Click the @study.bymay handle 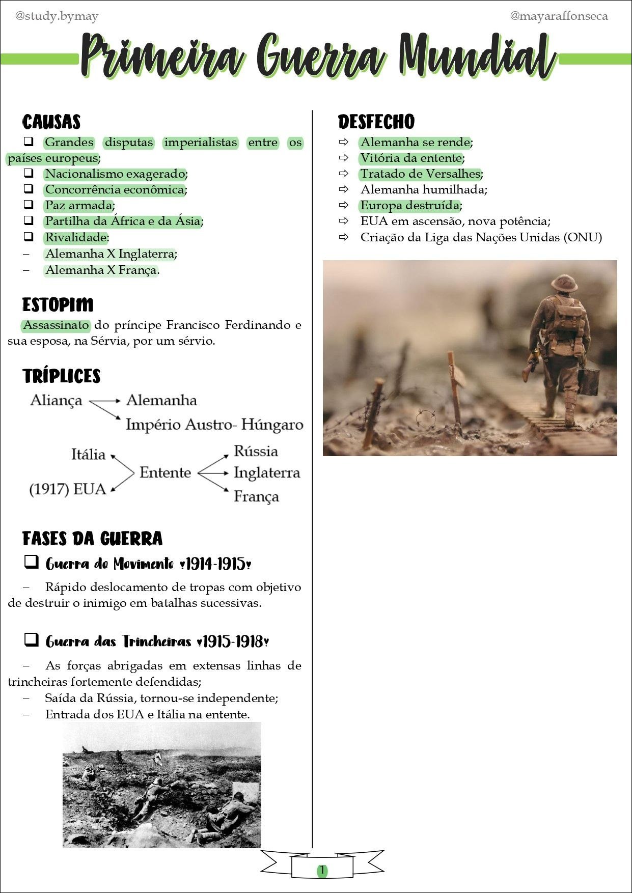pos(57,16)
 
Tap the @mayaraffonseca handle pos(559,16)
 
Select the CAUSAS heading pos(51,122)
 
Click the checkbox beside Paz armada pos(29,205)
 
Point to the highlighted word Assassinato pos(56,325)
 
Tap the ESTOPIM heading pos(58,305)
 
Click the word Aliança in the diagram pos(56,400)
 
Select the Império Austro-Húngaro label pos(214,424)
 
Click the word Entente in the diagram pos(165,472)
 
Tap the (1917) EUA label pos(67,489)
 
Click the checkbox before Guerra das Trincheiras pos(31,639)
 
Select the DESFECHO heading pos(376,122)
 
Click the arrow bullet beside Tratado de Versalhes pos(344,174)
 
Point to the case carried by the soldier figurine pos(588,381)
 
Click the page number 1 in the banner pos(322,870)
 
